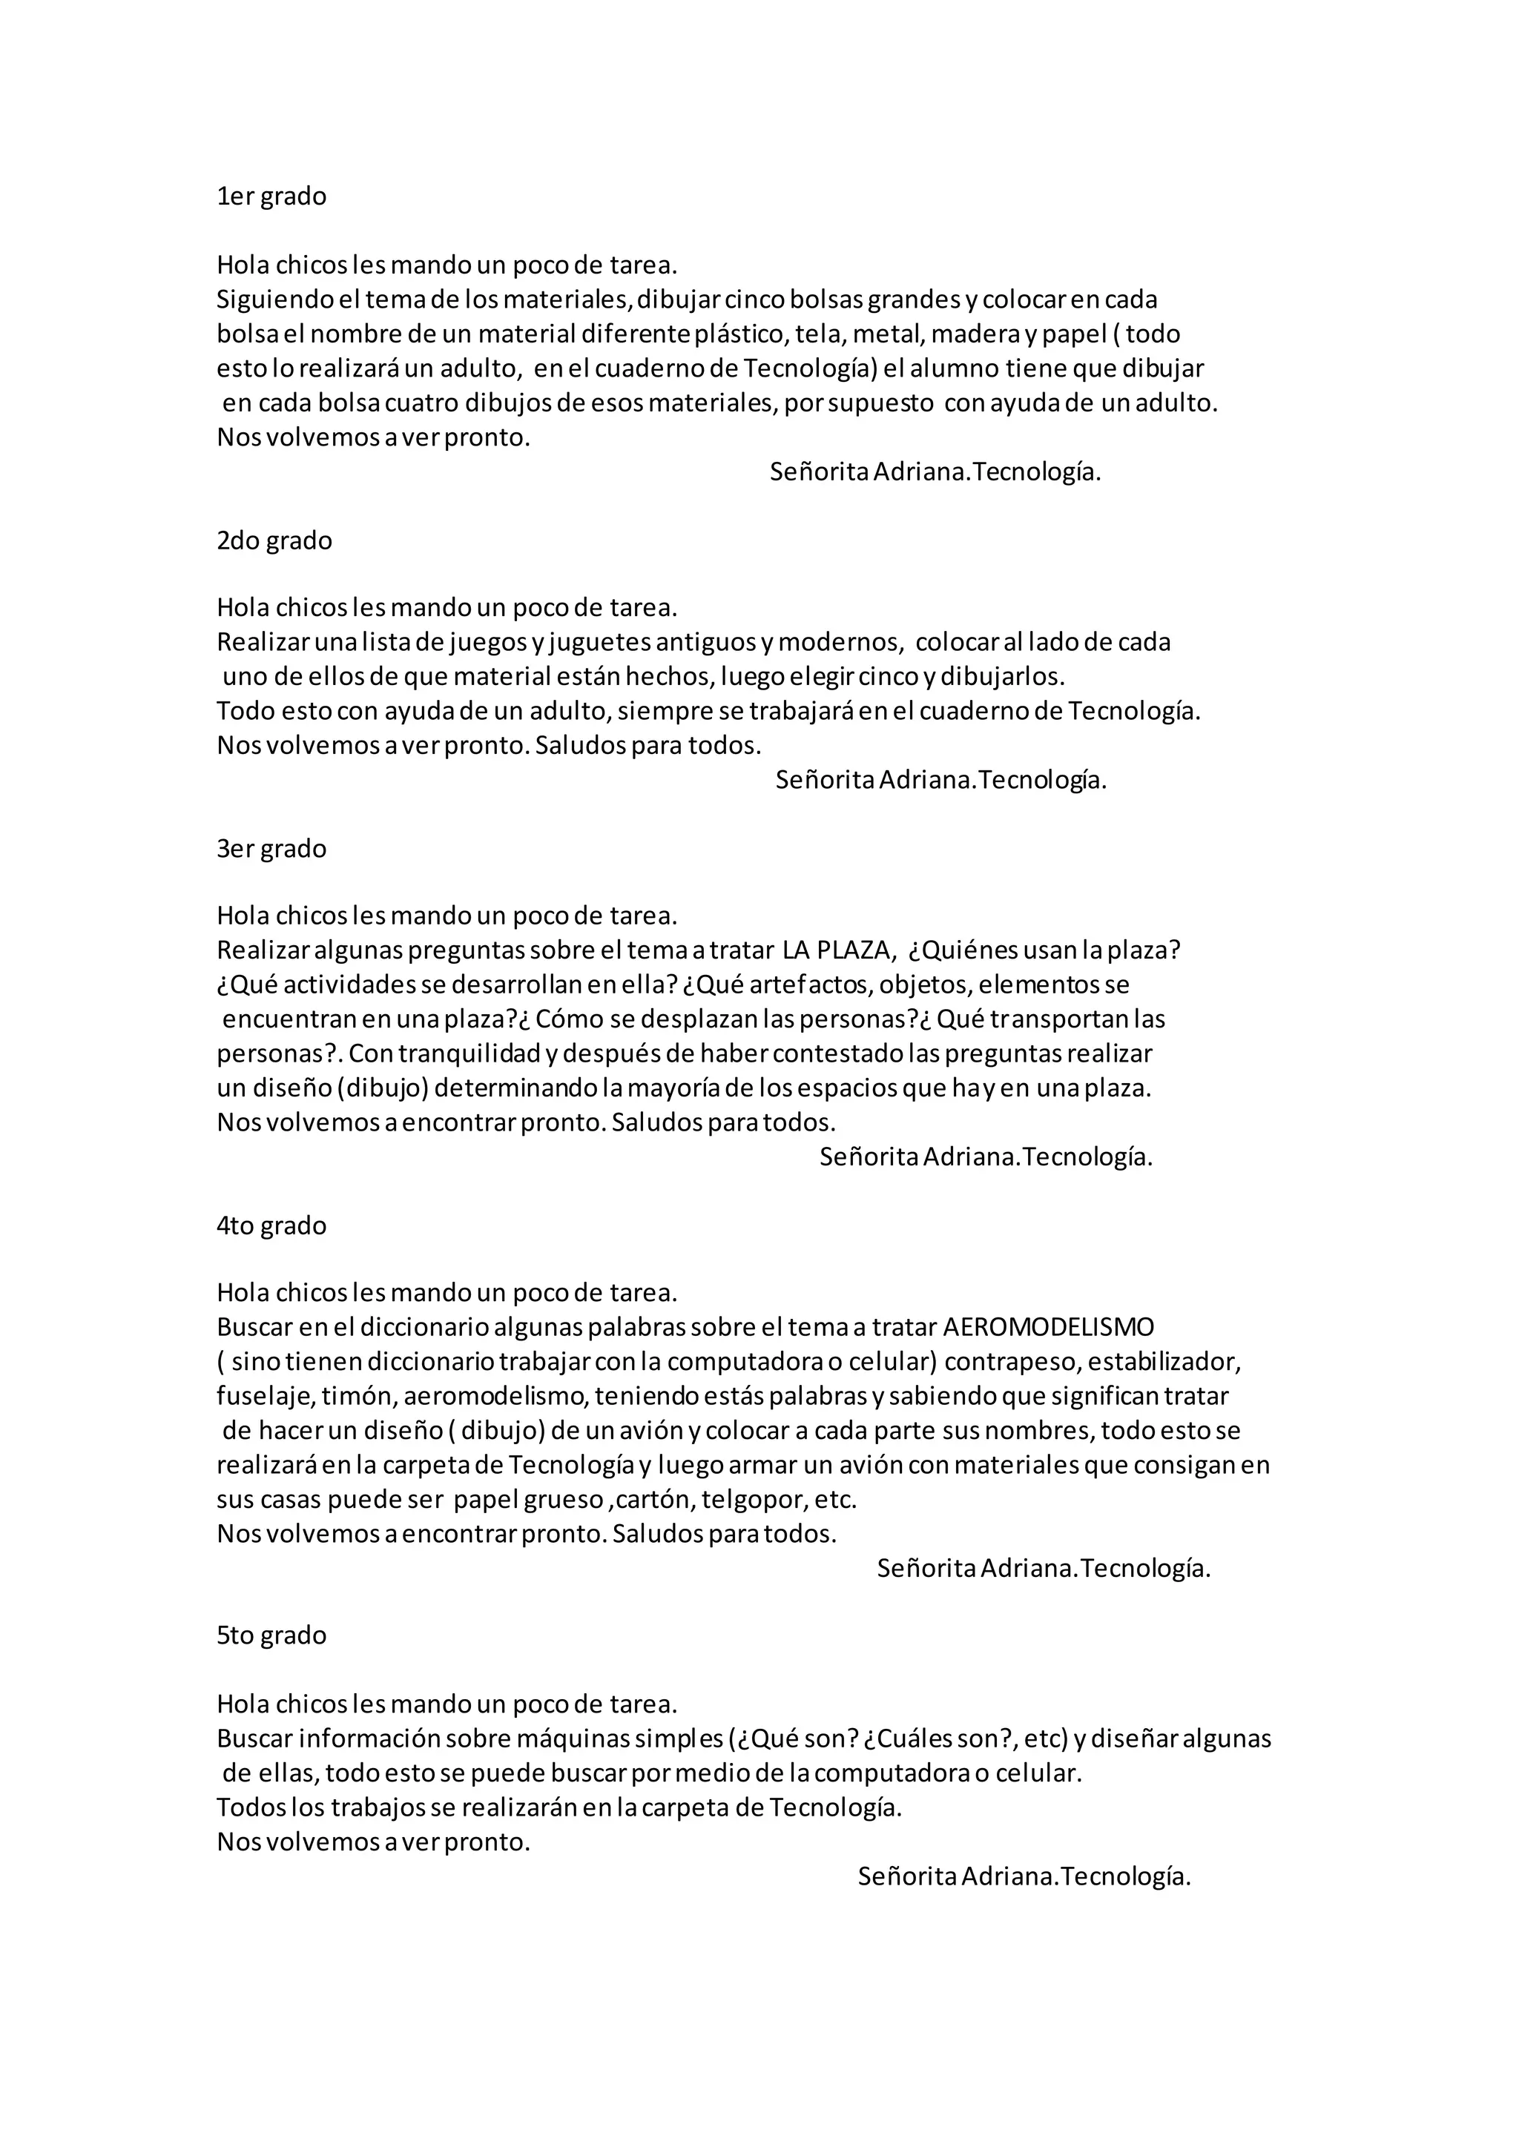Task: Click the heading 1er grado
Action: pyautogui.click(x=271, y=196)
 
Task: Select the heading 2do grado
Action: pyautogui.click(x=274, y=540)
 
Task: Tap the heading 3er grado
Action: pyautogui.click(x=271, y=849)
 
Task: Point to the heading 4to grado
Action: pyautogui.click(x=271, y=1226)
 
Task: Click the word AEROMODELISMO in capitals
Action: pyautogui.click(x=1049, y=1328)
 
